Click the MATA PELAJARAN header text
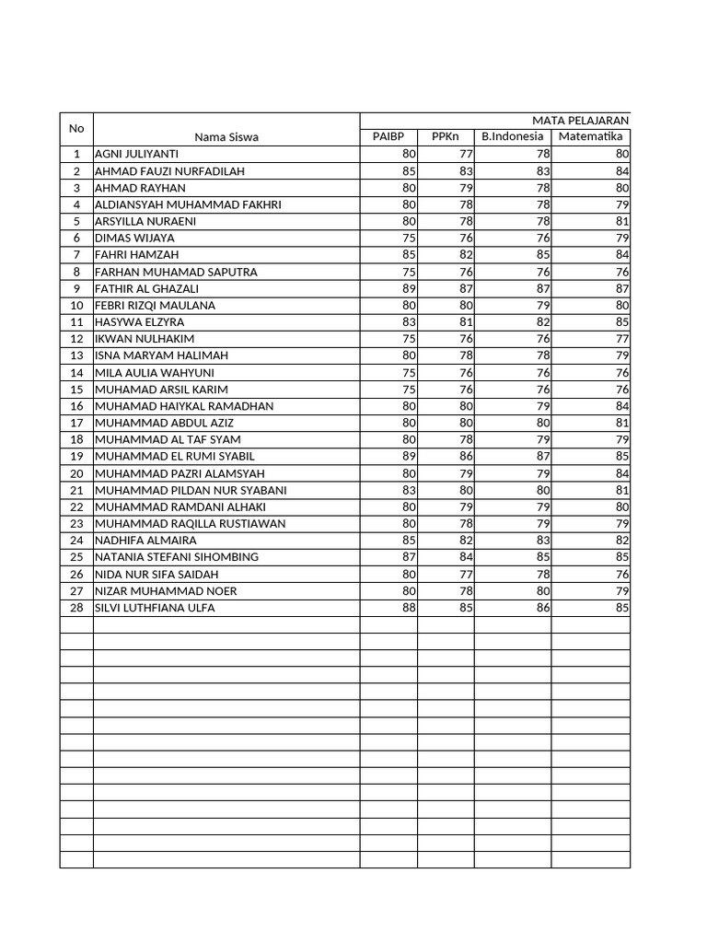click(x=580, y=121)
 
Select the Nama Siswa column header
click(x=226, y=137)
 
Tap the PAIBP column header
click(x=388, y=136)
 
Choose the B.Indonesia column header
click(x=513, y=136)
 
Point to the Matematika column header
click(x=590, y=136)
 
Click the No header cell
click(x=76, y=129)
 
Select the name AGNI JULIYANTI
click(x=136, y=154)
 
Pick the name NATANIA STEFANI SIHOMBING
click(x=177, y=557)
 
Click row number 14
click(x=76, y=372)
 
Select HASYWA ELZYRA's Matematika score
click(x=622, y=322)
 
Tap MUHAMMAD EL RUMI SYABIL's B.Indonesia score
click(x=543, y=456)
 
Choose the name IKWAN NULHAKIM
click(x=145, y=339)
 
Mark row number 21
click(x=76, y=490)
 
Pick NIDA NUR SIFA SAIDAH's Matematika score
click(x=622, y=574)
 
